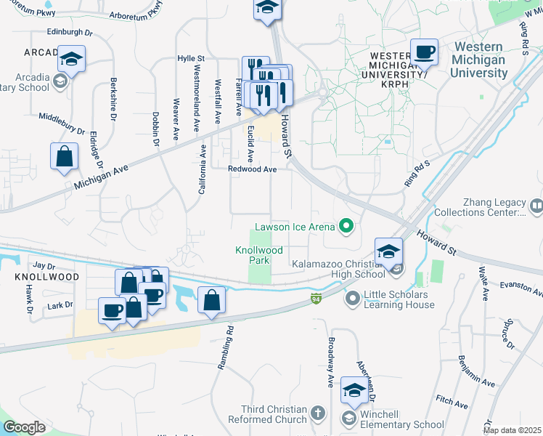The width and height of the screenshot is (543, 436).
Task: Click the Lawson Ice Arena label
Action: [x=293, y=227]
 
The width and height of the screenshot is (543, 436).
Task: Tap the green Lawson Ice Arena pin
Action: [x=346, y=227]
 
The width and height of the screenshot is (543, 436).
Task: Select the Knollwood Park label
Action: [x=253, y=255]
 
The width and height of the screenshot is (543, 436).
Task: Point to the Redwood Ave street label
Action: [x=253, y=169]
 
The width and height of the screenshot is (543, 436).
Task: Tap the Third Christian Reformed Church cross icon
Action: [x=317, y=414]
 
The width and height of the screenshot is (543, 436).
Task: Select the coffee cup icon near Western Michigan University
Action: [x=424, y=52]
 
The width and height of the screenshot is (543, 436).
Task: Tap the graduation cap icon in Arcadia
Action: [x=72, y=58]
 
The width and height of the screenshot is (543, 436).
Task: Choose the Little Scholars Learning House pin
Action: [x=353, y=299]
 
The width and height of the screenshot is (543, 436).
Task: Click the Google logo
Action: [x=24, y=427]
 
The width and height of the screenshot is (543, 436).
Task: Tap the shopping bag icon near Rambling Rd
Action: [x=211, y=300]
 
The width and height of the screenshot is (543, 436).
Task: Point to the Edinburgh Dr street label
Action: [x=71, y=32]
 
